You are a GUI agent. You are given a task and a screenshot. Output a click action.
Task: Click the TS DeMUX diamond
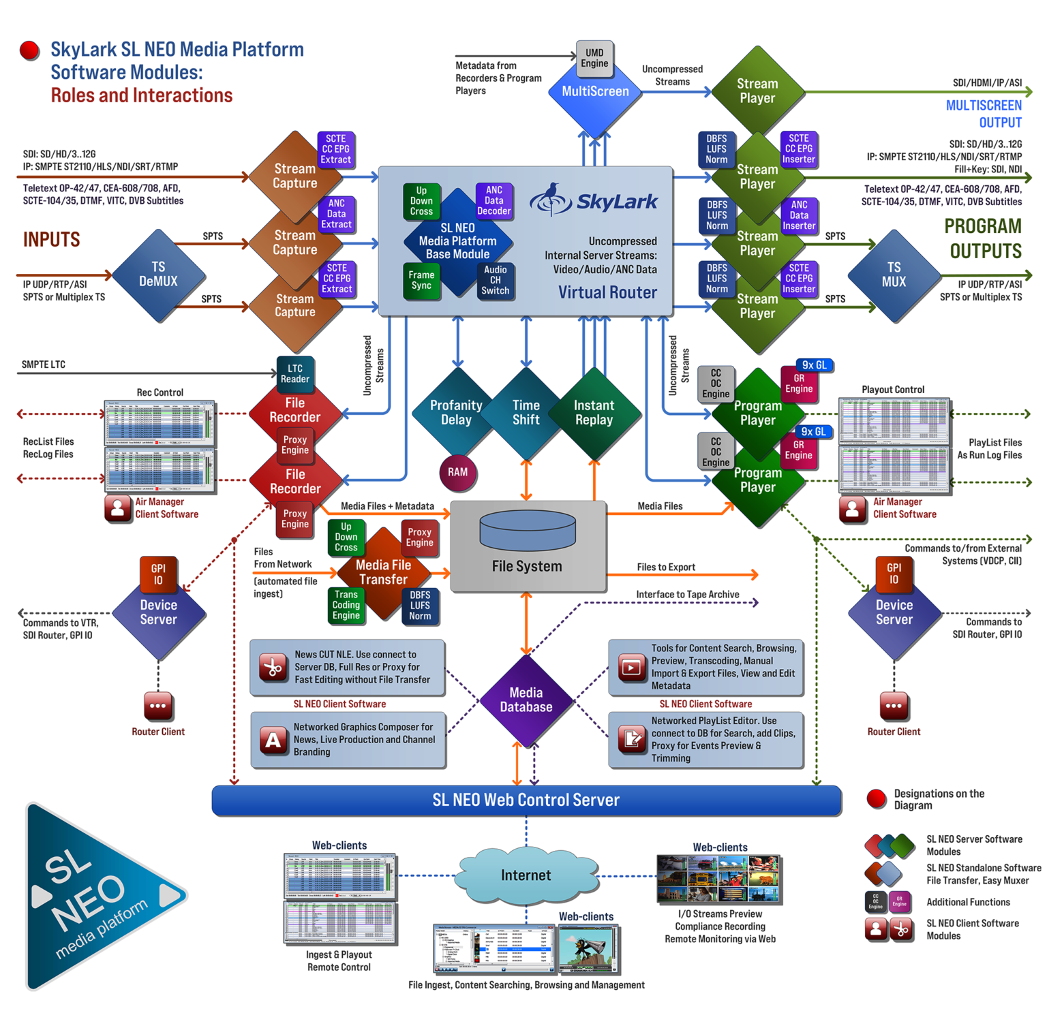158,275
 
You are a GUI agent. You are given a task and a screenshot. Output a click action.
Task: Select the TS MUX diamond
894,275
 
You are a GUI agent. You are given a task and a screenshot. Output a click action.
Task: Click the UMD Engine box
594,59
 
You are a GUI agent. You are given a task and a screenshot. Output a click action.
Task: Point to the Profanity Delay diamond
456,413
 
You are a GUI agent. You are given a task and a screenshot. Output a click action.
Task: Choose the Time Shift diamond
526,413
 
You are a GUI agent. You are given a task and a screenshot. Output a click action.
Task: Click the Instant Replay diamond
594,413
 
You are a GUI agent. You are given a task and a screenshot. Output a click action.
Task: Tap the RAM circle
457,472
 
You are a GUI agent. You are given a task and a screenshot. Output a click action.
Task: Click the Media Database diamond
526,700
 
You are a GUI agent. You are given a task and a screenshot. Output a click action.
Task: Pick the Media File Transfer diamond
383,572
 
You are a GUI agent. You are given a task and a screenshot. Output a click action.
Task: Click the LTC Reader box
294,374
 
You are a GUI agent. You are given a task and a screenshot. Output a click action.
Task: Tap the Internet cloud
526,875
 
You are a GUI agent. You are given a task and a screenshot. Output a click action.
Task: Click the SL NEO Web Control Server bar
526,800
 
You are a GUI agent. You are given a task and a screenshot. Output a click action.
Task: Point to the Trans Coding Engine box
346,605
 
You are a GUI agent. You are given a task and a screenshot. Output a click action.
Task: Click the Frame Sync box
421,280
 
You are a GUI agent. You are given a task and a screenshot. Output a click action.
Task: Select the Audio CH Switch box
495,280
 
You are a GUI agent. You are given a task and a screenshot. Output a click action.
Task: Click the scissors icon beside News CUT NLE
273,667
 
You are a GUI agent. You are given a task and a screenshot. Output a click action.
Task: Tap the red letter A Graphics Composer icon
273,740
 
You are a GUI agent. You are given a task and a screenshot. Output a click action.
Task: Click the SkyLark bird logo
551,200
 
